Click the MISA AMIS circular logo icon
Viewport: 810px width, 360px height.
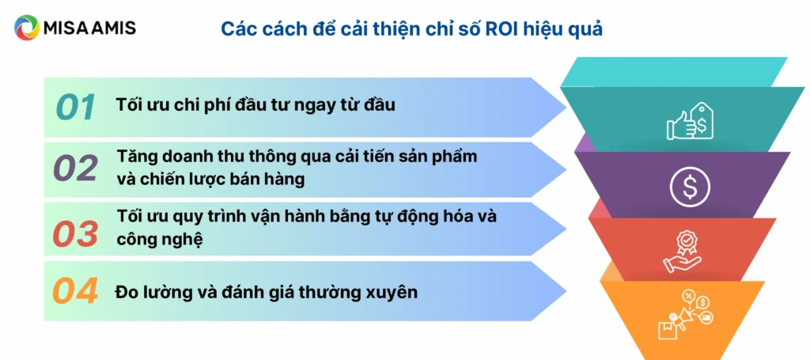(26, 28)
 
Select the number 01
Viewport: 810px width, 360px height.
(76, 108)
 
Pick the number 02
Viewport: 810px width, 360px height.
(76, 169)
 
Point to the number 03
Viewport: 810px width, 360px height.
(76, 233)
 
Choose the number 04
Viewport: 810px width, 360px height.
(76, 291)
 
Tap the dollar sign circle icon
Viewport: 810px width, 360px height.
(685, 187)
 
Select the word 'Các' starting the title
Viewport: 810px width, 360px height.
(238, 29)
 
